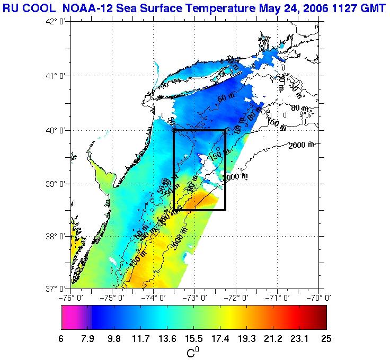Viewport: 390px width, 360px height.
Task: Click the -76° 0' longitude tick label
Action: click(72, 297)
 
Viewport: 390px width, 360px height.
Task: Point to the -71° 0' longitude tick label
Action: click(277, 297)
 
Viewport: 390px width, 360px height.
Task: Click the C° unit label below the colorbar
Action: click(193, 352)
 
